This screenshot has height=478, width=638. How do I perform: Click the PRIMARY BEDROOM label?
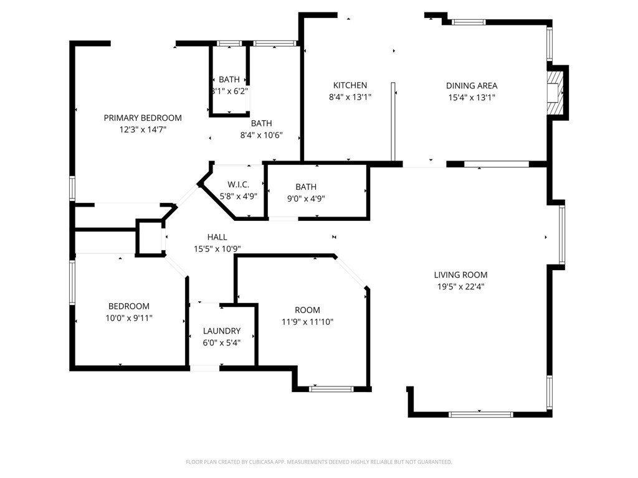pos(143,118)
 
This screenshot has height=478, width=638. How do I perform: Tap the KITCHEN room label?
pos(350,85)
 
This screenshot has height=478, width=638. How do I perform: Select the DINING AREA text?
pos(471,86)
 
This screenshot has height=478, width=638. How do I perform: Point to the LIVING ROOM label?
pos(460,274)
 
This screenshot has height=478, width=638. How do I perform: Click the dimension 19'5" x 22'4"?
pos(460,287)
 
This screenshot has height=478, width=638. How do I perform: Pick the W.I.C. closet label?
pos(238,184)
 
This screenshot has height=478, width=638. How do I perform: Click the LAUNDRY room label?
pos(221,331)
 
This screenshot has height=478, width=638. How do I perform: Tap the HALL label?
pos(217,237)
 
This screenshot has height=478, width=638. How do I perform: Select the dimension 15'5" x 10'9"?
pos(217,249)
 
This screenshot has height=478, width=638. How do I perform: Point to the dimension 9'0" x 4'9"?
pos(306,199)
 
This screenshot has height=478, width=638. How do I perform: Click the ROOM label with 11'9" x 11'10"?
pos(307,310)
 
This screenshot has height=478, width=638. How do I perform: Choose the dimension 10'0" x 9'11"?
pos(129,318)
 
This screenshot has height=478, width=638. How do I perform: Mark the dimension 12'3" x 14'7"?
pos(143,129)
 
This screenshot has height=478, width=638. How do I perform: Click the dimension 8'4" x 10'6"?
pos(261,135)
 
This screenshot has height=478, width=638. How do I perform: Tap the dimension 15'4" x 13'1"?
pos(471,98)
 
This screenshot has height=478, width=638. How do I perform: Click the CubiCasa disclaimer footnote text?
pos(318,462)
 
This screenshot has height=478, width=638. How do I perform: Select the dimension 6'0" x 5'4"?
pos(221,343)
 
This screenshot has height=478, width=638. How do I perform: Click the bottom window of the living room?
pos(480,414)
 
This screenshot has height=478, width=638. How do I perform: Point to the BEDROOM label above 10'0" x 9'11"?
pos(129,306)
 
